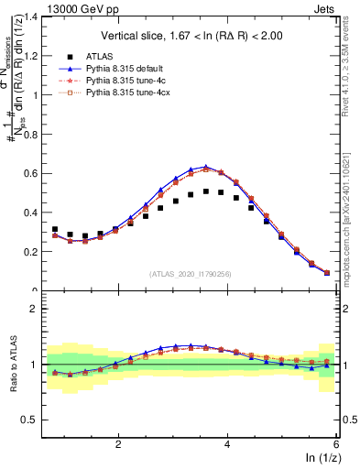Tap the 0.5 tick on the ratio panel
[x=34, y=420]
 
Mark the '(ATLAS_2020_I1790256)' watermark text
[x=191, y=274]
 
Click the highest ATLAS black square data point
[x=206, y=191]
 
